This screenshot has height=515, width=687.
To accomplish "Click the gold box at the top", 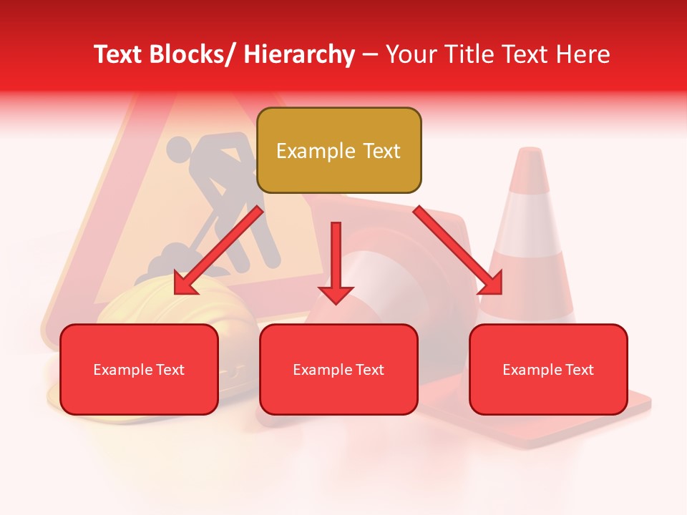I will (338, 150).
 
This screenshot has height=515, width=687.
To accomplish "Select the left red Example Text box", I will (139, 369).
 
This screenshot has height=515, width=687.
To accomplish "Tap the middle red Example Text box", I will (338, 369).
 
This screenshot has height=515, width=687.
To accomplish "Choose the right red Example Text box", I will (548, 369).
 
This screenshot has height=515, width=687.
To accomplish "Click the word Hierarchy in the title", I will (299, 54).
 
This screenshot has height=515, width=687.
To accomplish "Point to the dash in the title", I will (370, 55).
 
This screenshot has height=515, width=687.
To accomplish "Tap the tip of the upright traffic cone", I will (530, 152).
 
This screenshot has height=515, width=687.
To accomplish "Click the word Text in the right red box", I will (579, 370).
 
